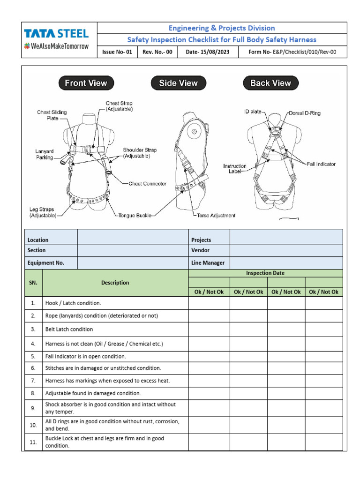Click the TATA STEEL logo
pyautogui.click(x=56, y=34)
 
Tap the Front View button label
pyautogui.click(x=86, y=83)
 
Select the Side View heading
pyautogui.click(x=178, y=83)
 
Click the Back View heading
pyautogui.click(x=270, y=83)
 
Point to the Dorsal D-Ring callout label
pyautogui.click(x=305, y=113)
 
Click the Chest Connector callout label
pyautogui.click(x=147, y=184)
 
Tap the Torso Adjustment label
pyautogui.click(x=216, y=216)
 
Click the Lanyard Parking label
pyautogui.click(x=44, y=154)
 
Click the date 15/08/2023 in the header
pyautogui.click(x=207, y=52)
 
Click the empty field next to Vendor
pyautogui.click(x=286, y=250)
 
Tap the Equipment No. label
pyautogui.click(x=46, y=263)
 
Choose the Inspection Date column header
pyautogui.click(x=265, y=273)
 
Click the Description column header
pyautogui.click(x=115, y=283)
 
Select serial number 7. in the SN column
pyautogui.click(x=33, y=381)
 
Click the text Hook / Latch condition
pyautogui.click(x=73, y=303)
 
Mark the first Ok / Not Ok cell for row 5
pyautogui.click(x=209, y=356)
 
